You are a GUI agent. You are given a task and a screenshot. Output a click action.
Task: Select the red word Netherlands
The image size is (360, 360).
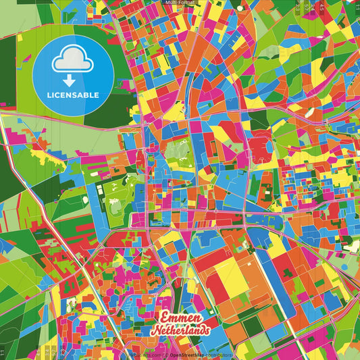tap(180, 330)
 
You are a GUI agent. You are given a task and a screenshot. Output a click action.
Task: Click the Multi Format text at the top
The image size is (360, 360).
tap(180, 3)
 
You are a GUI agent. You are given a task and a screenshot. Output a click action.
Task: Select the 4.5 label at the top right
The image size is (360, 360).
tap(317, 7)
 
